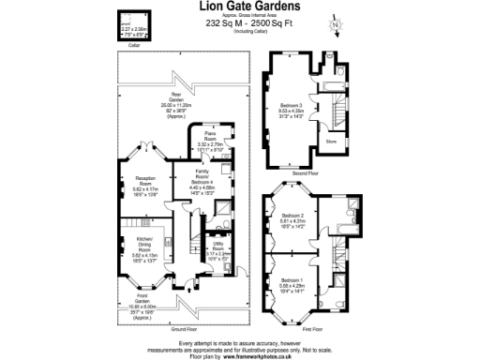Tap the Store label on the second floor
click(x=330, y=142)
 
